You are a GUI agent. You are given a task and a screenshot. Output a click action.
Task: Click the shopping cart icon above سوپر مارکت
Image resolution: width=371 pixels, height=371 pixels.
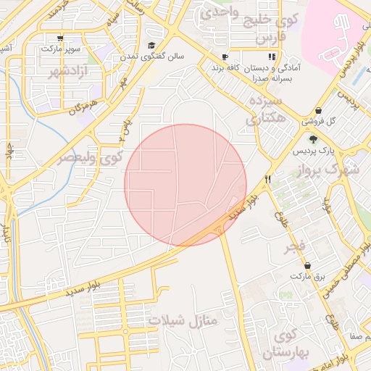[59, 38]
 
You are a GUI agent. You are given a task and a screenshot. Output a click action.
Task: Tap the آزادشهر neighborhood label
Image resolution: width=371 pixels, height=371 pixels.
[52, 73]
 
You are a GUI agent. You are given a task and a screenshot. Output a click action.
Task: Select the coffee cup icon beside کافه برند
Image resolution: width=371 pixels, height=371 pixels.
[225, 57]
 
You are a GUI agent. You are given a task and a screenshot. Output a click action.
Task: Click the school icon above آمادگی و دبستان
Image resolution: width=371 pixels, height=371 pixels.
[272, 56]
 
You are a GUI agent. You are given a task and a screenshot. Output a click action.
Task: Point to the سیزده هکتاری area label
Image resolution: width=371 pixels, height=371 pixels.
[262, 110]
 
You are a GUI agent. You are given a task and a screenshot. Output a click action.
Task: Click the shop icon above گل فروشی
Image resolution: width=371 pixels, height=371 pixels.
[319, 110]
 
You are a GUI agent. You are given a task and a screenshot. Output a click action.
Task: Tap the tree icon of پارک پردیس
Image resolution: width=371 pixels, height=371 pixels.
[313, 140]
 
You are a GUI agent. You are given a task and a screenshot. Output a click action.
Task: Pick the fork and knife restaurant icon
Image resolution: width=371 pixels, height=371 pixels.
[268, 178]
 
